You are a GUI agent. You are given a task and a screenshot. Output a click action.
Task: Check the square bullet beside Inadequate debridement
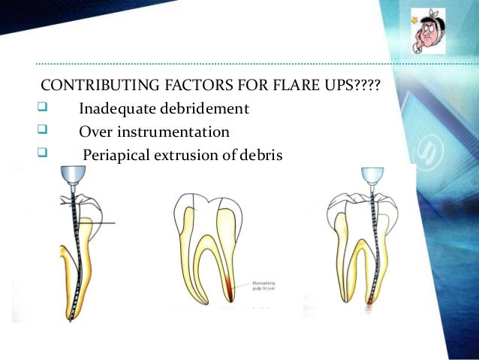point(42,110)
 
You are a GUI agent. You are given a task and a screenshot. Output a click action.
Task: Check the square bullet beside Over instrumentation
point(42,132)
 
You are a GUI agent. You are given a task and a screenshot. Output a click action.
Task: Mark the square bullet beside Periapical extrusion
point(42,156)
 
